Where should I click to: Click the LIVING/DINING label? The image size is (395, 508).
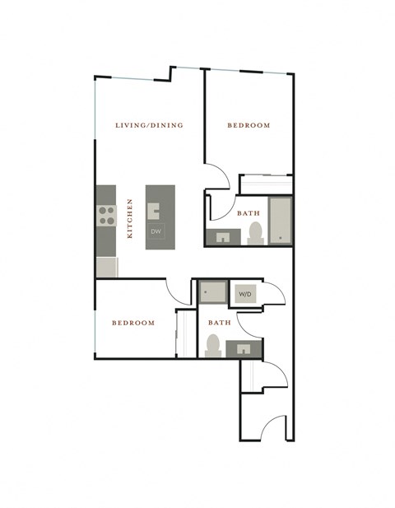[x=149, y=125]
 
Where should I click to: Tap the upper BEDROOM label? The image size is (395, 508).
[x=249, y=125]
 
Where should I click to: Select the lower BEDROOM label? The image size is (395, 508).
[x=133, y=323]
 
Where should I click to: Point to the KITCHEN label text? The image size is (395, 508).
[x=130, y=218]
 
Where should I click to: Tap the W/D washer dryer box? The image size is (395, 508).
[x=245, y=293]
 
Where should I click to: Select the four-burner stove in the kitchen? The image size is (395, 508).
[x=107, y=216]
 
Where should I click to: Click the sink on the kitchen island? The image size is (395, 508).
[x=154, y=210]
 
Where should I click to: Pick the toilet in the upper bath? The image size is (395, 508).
[x=255, y=234]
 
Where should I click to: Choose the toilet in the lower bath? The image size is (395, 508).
[x=213, y=346]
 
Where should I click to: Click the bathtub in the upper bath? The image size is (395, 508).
[x=281, y=221]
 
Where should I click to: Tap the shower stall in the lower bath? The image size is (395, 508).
[x=212, y=292]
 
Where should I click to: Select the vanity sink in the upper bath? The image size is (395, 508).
[x=223, y=238]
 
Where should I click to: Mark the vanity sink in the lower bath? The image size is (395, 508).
[x=244, y=349]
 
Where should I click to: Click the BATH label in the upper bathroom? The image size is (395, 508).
[x=249, y=213]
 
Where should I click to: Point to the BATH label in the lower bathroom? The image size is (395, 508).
[x=219, y=323]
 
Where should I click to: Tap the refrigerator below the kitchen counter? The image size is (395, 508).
[x=107, y=268]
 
